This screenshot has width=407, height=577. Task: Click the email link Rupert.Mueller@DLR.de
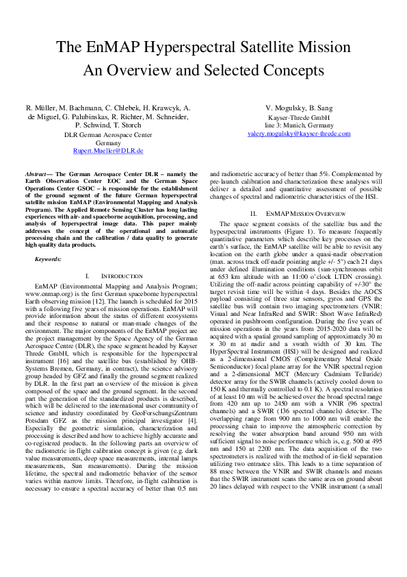[x=108, y=149]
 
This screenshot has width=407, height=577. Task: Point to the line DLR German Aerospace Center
[x=108, y=135]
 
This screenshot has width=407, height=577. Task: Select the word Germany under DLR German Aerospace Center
[x=108, y=142]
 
